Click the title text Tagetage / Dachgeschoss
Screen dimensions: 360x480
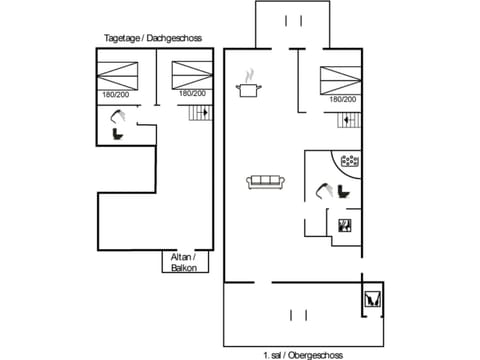click(x=152, y=38)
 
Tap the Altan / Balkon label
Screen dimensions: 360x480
click(x=184, y=263)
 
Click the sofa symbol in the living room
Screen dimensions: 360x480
click(x=266, y=181)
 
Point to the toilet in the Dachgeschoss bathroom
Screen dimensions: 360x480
click(x=117, y=133)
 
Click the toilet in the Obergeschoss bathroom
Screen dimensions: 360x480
click(x=343, y=191)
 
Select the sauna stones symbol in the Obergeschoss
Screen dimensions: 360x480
click(x=350, y=160)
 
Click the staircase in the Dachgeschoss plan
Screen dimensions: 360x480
click(x=200, y=116)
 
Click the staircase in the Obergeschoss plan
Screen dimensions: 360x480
click(x=347, y=121)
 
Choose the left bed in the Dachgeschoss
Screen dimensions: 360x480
click(x=118, y=74)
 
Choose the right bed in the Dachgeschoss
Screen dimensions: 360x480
click(x=190, y=74)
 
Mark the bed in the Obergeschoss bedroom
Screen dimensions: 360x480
click(x=340, y=78)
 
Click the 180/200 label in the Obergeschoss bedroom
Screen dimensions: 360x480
click(x=342, y=99)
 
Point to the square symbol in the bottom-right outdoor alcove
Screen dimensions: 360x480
click(x=372, y=298)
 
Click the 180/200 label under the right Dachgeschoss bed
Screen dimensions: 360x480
click(x=192, y=94)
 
